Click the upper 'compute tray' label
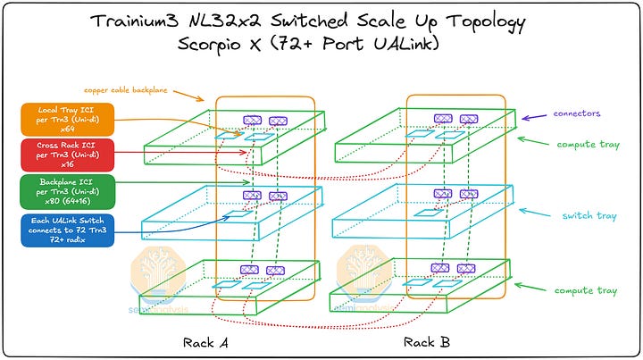(585, 142)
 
